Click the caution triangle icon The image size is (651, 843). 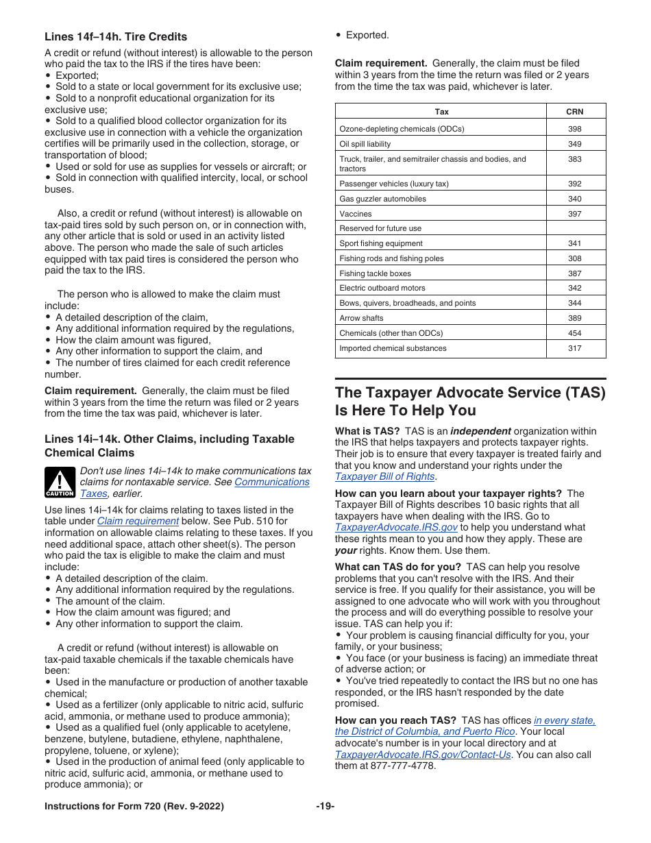[x=60, y=482]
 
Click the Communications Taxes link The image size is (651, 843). [x=271, y=482]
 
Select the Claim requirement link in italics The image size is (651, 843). [x=138, y=521]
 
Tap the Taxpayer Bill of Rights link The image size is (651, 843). [x=384, y=476]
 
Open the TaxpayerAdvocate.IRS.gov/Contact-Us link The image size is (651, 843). [x=423, y=755]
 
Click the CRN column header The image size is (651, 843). [x=575, y=112]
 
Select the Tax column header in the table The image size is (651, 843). [x=441, y=112]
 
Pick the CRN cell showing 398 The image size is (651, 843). [x=575, y=129]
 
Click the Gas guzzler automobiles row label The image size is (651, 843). [x=382, y=199]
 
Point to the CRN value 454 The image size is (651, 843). [x=575, y=333]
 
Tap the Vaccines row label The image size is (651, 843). [x=355, y=214]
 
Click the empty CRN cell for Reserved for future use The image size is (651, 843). [x=575, y=228]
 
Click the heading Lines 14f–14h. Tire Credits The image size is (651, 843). [x=116, y=37]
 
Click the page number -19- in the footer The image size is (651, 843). [x=325, y=807]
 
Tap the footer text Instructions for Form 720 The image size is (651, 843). [x=134, y=807]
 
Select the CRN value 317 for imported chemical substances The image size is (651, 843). [x=575, y=348]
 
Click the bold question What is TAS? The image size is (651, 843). [x=367, y=431]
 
